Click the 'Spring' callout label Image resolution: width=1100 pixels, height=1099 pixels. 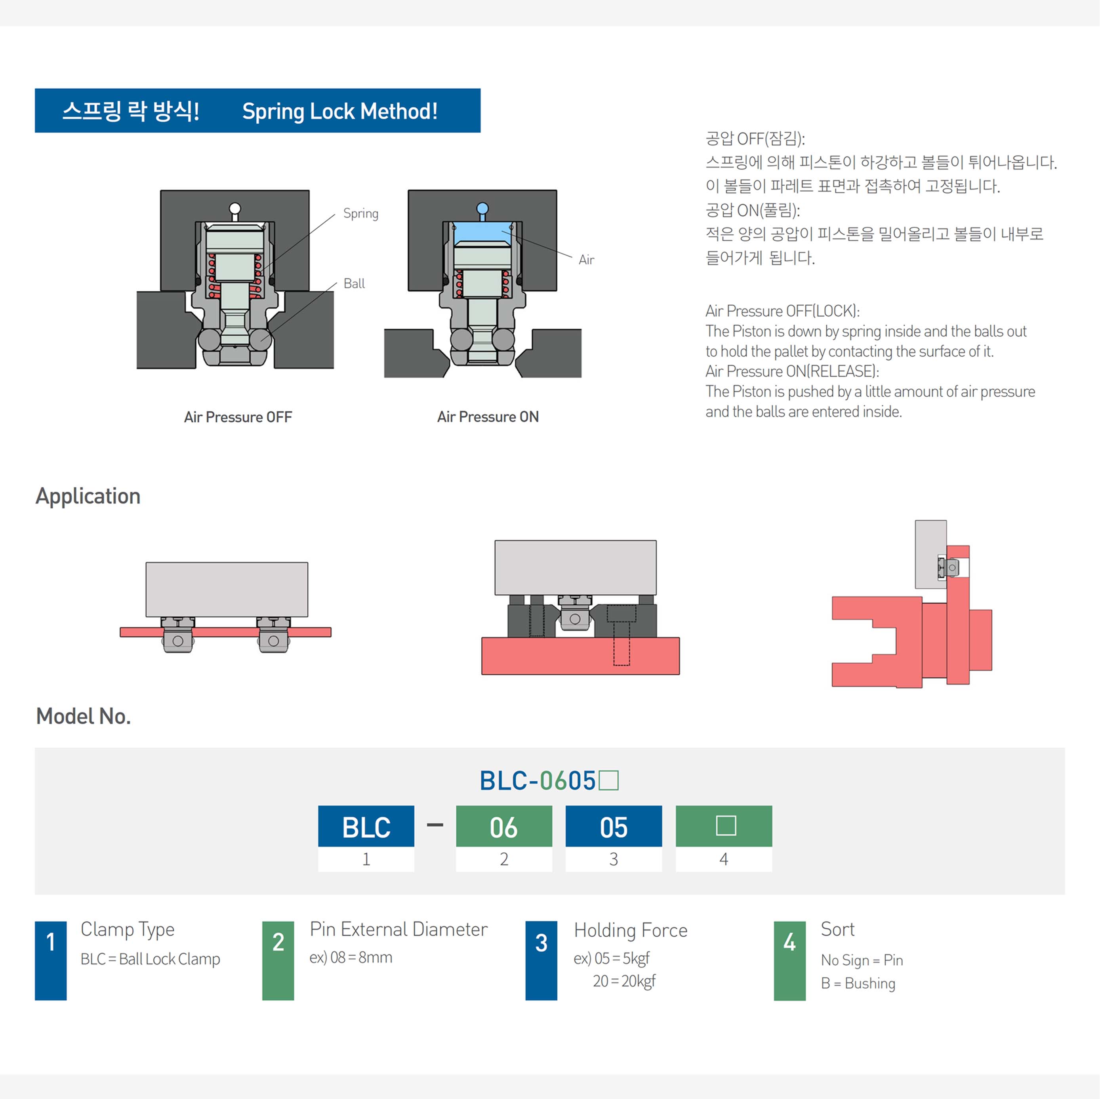[x=360, y=213]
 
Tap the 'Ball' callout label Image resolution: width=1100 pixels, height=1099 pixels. [x=354, y=283]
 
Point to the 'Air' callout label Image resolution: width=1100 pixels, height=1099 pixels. [x=586, y=260]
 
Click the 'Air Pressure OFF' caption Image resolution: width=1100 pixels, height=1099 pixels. [x=238, y=417]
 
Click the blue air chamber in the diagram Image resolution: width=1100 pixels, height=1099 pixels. [x=482, y=233]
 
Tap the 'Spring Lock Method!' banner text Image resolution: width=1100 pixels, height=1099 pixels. [x=339, y=112]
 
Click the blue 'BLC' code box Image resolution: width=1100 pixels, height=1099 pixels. [x=366, y=826]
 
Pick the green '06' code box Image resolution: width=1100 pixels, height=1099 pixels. [x=504, y=826]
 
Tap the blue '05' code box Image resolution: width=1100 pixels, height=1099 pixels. [x=613, y=826]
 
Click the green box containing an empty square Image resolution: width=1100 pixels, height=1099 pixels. [x=724, y=826]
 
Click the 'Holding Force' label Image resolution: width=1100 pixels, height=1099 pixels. [x=630, y=930]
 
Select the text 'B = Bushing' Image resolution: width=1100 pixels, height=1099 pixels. [x=858, y=983]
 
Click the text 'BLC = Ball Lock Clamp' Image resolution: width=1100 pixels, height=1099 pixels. [x=150, y=959]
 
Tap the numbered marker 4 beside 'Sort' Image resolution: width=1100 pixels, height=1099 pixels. [x=789, y=960]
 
